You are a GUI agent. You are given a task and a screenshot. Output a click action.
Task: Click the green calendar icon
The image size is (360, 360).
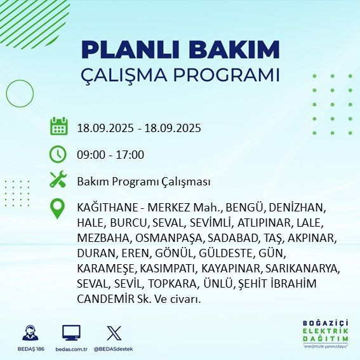click(x=58, y=126)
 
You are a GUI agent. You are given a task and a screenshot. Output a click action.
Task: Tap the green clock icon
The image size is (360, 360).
click(x=58, y=154)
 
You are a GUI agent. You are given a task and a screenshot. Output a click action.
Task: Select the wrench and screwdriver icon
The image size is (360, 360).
click(x=58, y=180)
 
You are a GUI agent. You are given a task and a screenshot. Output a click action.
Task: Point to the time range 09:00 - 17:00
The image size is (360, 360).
click(x=110, y=154)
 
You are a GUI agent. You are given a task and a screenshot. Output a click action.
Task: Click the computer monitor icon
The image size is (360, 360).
click(x=71, y=332)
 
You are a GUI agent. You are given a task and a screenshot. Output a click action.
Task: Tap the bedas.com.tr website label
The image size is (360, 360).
click(x=71, y=349)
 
